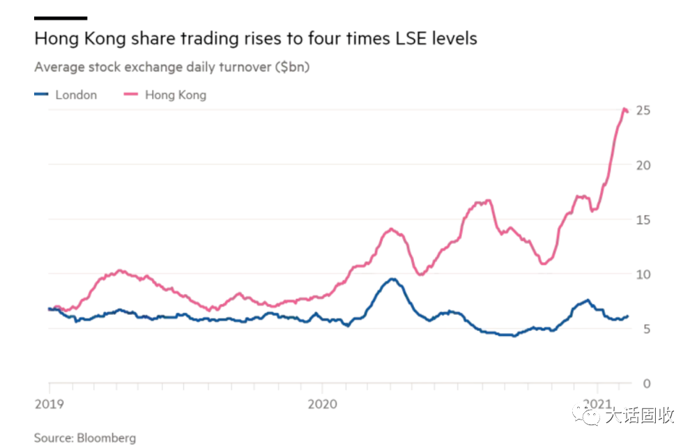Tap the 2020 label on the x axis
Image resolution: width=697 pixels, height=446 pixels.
pyautogui.click(x=322, y=403)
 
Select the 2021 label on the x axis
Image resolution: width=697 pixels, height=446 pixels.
pyautogui.click(x=597, y=403)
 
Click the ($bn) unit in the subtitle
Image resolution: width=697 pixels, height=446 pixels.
pyautogui.click(x=291, y=68)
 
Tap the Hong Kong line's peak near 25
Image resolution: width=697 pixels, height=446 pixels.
pyautogui.click(x=624, y=109)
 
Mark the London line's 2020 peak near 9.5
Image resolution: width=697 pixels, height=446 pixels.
pyautogui.click(x=393, y=279)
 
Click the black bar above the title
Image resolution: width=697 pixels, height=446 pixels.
pyautogui.click(x=61, y=17)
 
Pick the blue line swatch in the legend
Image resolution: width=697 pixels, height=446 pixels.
pyautogui.click(x=42, y=95)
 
